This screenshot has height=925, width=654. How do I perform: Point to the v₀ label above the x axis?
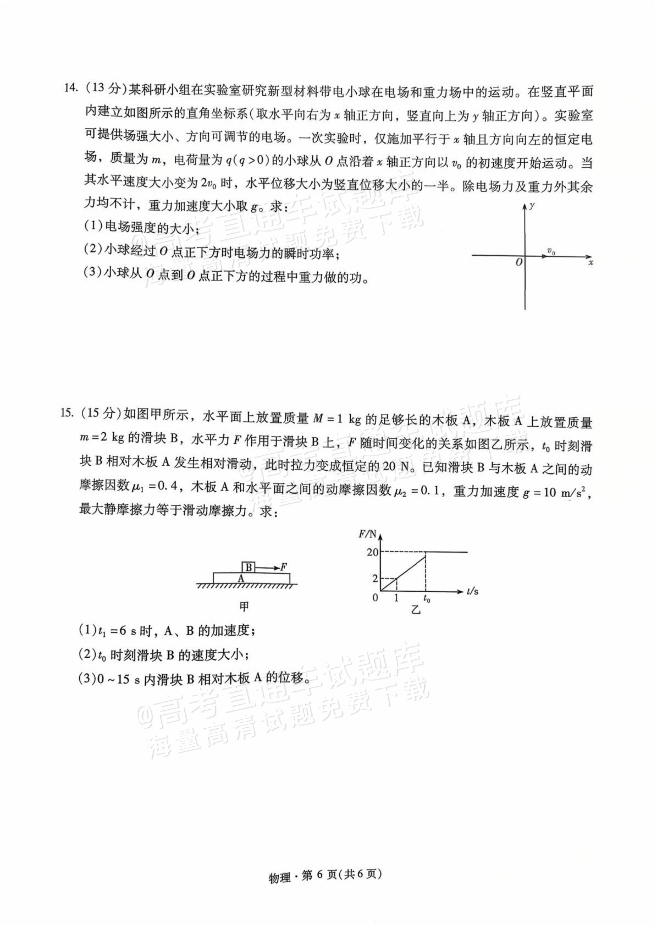(x=551, y=252)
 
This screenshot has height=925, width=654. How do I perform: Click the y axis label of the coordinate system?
(x=532, y=206)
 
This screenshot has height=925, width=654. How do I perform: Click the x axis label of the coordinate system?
(x=590, y=263)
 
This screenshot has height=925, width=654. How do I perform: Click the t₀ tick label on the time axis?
(x=427, y=599)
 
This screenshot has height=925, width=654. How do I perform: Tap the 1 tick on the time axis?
(x=396, y=598)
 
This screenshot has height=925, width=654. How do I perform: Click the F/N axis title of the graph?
(x=367, y=535)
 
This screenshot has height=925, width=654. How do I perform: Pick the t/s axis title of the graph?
(x=473, y=591)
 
